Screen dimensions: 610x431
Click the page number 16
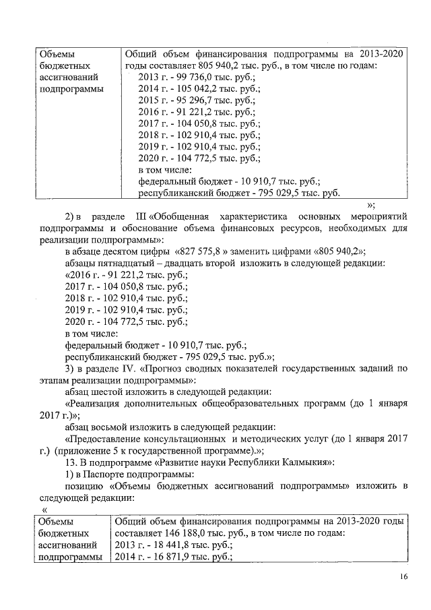coord(403,576)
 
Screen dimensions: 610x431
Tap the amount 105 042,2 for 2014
coord(191,89)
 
